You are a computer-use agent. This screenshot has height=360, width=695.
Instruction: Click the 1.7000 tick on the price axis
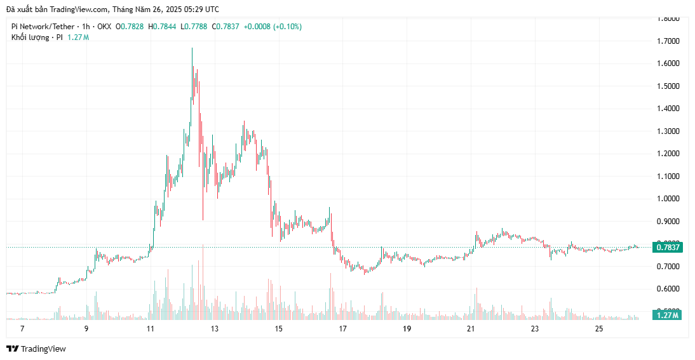point(668,41)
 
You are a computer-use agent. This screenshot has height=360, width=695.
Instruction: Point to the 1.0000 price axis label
point(668,199)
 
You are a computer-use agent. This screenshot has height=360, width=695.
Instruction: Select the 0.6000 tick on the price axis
point(668,289)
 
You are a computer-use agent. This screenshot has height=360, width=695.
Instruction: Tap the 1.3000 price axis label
point(668,131)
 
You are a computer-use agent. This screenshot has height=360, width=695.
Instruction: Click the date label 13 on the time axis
point(215,329)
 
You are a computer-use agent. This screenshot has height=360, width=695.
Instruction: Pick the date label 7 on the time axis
point(22,329)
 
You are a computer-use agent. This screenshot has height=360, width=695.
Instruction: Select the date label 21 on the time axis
point(471,329)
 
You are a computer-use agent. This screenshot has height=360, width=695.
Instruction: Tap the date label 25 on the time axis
point(599,329)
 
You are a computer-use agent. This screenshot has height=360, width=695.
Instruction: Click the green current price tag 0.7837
point(668,248)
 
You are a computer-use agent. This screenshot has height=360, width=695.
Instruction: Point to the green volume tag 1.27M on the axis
point(666,315)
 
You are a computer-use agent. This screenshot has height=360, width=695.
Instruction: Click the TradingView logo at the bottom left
point(36,349)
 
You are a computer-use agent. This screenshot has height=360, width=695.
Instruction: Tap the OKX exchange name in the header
point(104,27)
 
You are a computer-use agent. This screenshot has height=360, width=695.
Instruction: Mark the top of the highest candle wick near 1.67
point(192,48)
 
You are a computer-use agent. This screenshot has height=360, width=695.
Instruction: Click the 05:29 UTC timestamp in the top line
point(201,9)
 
